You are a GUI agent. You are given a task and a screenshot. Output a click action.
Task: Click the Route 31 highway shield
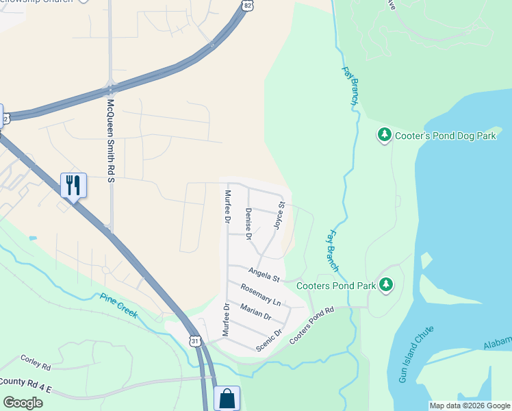pyautogui.click(x=195, y=340)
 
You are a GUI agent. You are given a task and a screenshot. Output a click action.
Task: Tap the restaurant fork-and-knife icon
pyautogui.click(x=73, y=184)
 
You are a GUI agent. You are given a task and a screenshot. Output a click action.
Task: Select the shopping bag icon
pyautogui.click(x=227, y=398)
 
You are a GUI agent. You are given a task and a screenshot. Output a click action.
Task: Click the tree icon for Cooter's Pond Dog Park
pyautogui.click(x=385, y=135)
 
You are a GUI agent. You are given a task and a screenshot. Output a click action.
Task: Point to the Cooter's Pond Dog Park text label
pyautogui.click(x=446, y=136)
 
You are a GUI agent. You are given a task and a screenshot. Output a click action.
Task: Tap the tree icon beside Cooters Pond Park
pyautogui.click(x=387, y=284)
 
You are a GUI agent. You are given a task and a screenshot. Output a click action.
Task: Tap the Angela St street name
pyautogui.click(x=265, y=275)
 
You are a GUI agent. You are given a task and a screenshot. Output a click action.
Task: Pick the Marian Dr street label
pyautogui.click(x=256, y=312)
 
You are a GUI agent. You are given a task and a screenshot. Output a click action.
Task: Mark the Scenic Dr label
pyautogui.click(x=269, y=340)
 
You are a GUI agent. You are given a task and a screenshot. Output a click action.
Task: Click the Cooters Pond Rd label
pyautogui.click(x=311, y=326)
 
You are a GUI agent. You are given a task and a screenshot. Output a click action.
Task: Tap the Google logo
pyautogui.click(x=23, y=402)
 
